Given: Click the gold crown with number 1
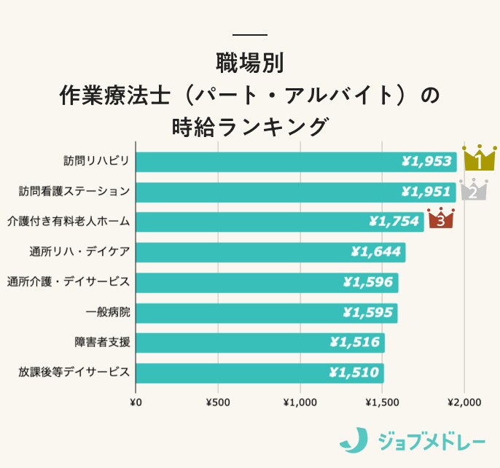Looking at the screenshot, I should coord(480,158).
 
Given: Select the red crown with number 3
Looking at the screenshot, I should coord(440,218).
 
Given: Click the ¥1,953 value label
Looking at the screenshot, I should coord(428,161).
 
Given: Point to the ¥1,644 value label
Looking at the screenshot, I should coord(376,252).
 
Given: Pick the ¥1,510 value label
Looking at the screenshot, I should coord(354,373).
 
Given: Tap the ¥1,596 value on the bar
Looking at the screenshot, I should coord(368,282).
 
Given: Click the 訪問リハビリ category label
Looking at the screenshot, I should coord(95,161).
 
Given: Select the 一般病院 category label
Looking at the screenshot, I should coord(107,312).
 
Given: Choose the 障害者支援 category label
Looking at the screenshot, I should coord(102,342).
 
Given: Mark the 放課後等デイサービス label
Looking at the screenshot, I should coord(74,373).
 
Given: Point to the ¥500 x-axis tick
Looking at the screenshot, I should coord(218,402).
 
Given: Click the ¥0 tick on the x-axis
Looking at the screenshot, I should coord(135,402).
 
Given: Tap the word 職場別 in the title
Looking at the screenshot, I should coord(249,61).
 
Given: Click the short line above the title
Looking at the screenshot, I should coord(249,34).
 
